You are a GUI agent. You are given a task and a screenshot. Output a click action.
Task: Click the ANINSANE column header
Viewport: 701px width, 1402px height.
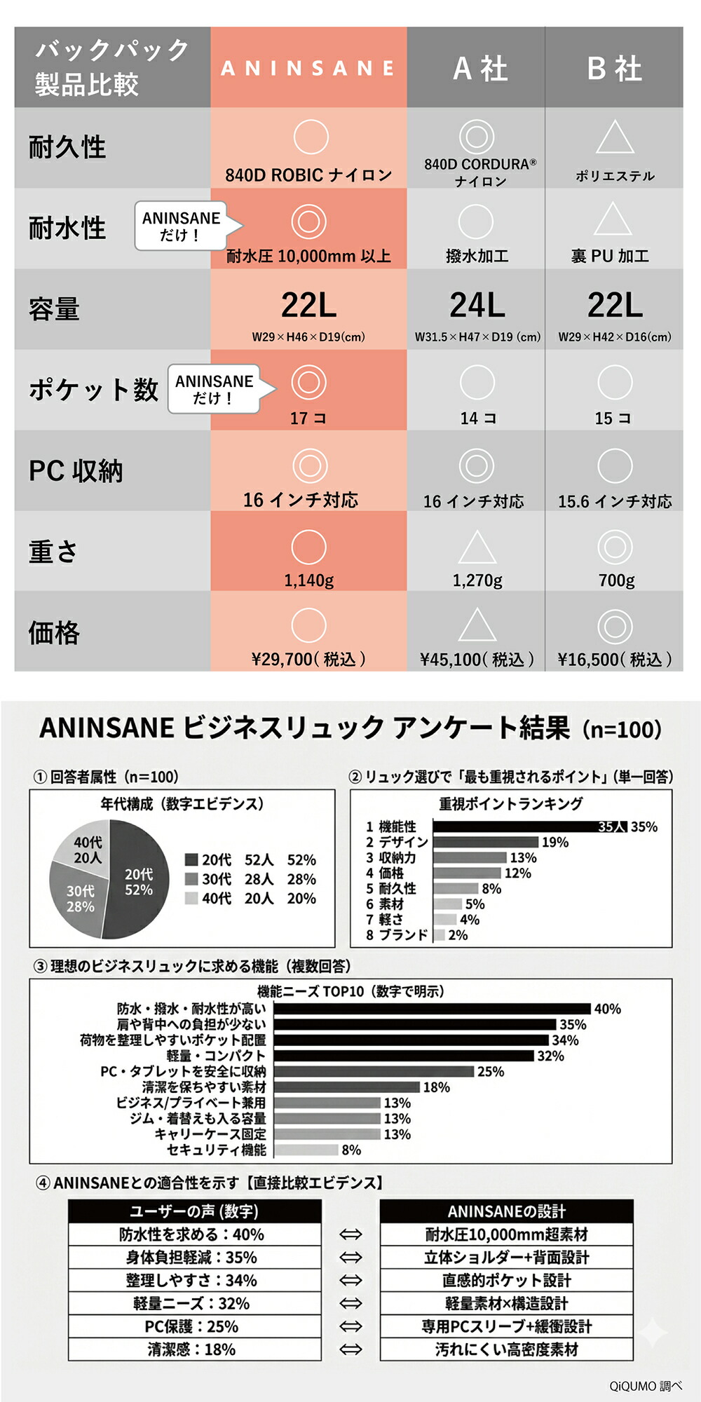308,68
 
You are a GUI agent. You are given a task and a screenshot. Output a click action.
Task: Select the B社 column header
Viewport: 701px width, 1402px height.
614,69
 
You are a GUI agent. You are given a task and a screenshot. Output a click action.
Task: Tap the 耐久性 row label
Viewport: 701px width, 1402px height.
67,147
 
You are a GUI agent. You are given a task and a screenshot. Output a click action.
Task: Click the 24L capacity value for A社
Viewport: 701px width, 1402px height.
477,305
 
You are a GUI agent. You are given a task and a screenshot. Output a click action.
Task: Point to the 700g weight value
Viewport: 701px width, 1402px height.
616,580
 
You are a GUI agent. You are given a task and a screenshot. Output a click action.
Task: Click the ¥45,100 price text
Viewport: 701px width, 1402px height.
477,660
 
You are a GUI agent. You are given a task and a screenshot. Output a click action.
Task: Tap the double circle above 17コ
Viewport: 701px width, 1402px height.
308,382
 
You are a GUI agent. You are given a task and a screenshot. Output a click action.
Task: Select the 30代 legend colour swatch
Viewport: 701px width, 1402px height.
191,879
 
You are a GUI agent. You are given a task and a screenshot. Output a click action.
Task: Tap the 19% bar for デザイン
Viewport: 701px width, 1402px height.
485,842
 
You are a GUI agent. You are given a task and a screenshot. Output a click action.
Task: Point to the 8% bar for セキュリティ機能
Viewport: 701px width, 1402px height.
306,1150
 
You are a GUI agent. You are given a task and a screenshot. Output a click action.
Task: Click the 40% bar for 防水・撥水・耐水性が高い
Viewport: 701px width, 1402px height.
432,1009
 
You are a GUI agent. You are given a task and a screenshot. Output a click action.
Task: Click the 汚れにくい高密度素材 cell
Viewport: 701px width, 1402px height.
506,1349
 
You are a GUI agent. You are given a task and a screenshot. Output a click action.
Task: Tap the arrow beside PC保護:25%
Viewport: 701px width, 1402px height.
350,1326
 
